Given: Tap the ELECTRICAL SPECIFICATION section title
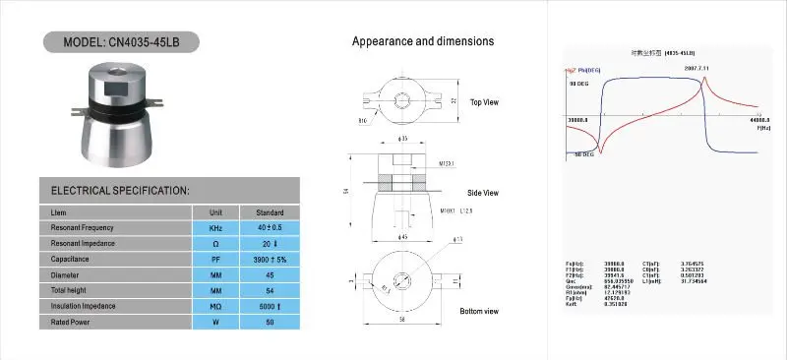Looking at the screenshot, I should pyautogui.click(x=120, y=190).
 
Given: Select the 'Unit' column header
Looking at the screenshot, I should pyautogui.click(x=215, y=212).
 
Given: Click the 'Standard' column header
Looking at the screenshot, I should pyautogui.click(x=270, y=212).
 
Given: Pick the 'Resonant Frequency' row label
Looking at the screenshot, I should pyautogui.click(x=85, y=228).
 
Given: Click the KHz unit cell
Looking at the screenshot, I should pyautogui.click(x=215, y=228).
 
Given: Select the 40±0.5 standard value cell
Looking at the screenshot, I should pyautogui.click(x=270, y=228).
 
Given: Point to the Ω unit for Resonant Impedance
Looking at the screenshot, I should pyautogui.click(x=215, y=244).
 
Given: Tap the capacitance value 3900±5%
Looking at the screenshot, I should pyautogui.click(x=270, y=260).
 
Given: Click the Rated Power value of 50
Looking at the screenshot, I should pyautogui.click(x=270, y=323).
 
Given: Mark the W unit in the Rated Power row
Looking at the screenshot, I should pyautogui.click(x=215, y=323).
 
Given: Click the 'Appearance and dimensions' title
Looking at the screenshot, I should pyautogui.click(x=423, y=41).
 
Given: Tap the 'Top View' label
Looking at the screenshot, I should pyautogui.click(x=484, y=102).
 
